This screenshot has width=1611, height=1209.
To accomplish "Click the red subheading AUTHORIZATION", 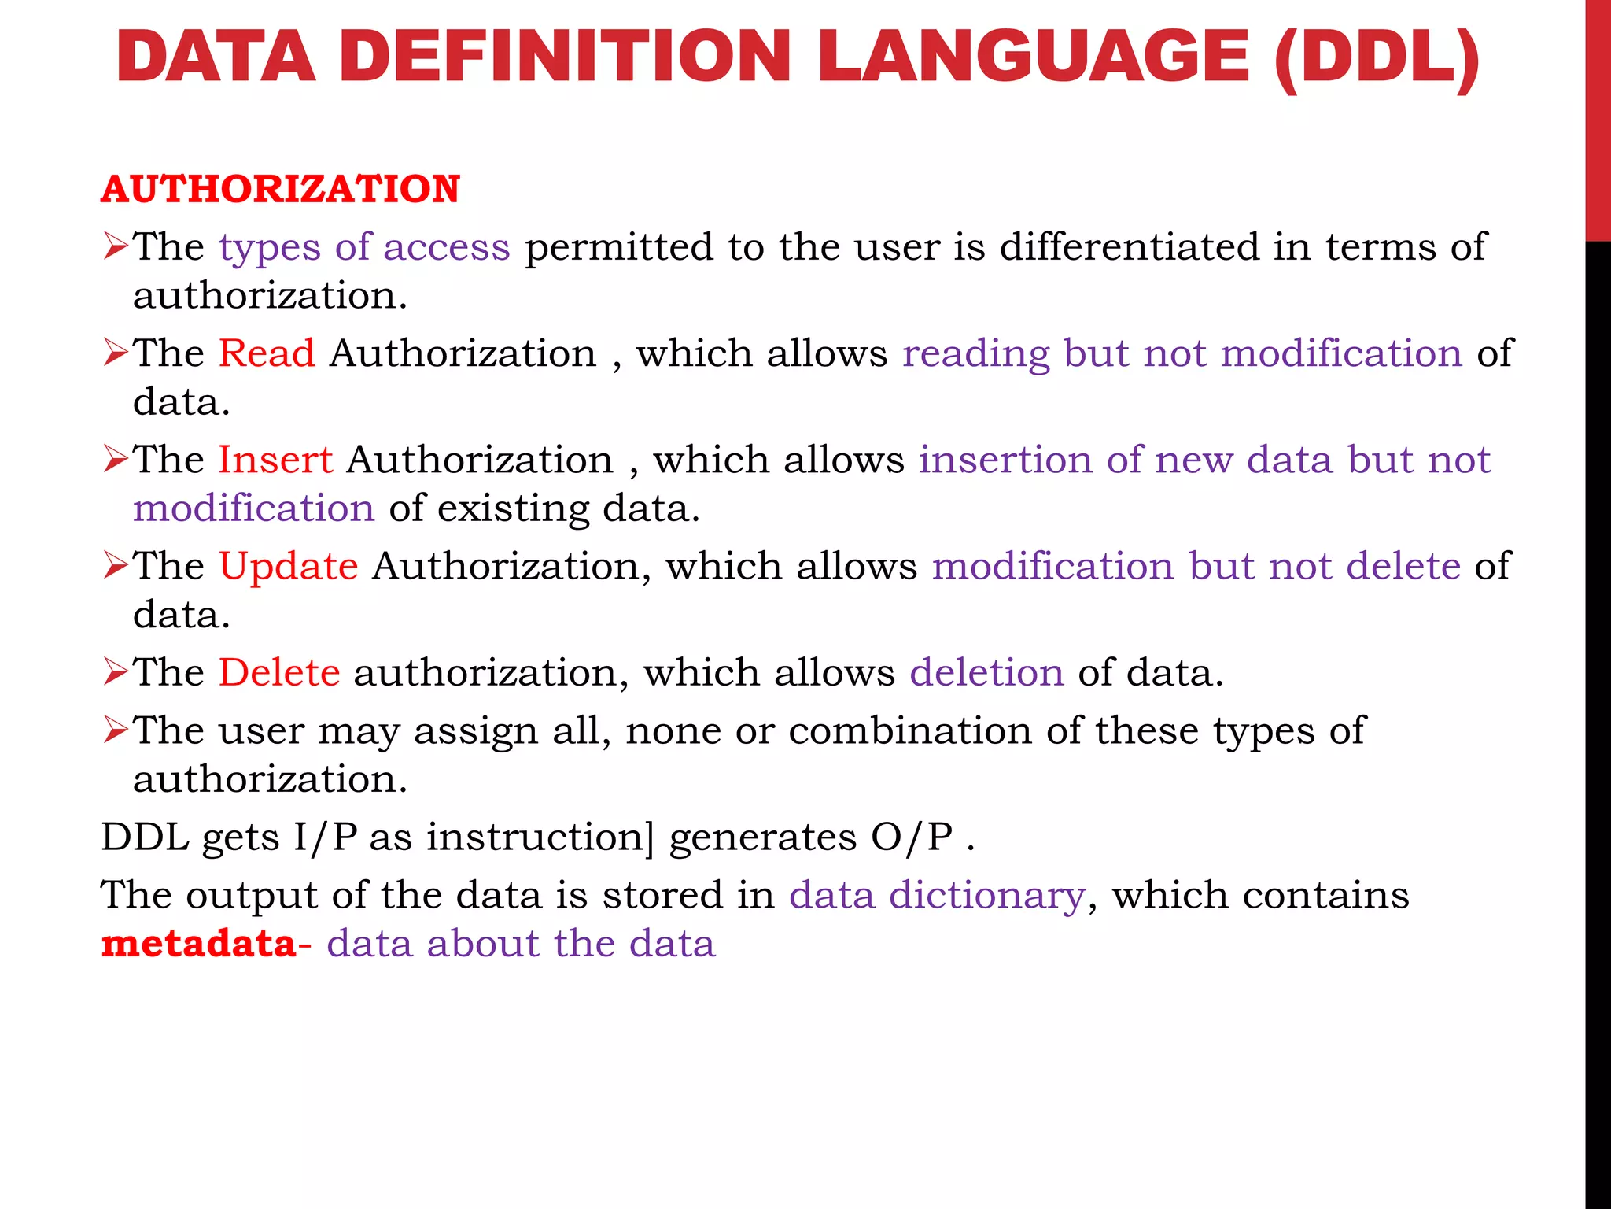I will pos(280,190).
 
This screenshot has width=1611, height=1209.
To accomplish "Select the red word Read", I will pos(267,353).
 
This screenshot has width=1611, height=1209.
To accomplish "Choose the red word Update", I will pos(288,566).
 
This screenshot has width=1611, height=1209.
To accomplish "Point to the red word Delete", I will pos(279,672).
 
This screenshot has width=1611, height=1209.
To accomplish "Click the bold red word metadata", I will pos(199,943).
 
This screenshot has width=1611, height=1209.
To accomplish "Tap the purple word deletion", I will pos(986,672).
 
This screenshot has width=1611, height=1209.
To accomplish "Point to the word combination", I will pos(910,730).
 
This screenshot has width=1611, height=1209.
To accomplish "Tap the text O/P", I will pos(912,837).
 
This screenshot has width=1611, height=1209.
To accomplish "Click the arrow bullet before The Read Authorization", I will pos(115,353).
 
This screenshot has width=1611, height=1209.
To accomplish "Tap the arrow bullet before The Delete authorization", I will pos(115,672).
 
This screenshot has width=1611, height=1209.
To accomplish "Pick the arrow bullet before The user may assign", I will pos(115,730).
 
